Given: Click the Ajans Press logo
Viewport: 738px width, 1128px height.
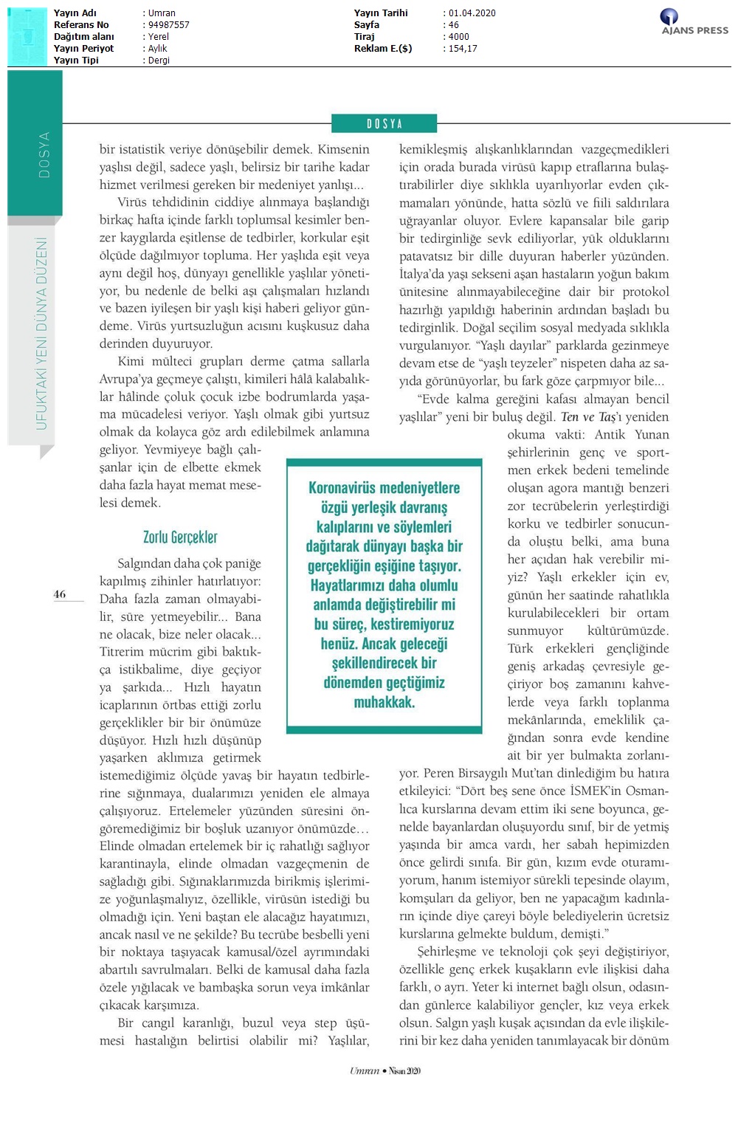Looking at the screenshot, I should click(x=694, y=21).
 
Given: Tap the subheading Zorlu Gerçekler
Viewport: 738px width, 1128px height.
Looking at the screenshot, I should click(x=180, y=537).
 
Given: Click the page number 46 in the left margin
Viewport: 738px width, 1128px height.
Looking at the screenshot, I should click(x=60, y=594).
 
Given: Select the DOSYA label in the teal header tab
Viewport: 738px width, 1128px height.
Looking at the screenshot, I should click(x=384, y=124).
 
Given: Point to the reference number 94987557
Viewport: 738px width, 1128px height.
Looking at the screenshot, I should click(x=169, y=25).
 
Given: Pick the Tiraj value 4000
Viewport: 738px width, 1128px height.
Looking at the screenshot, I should click(x=459, y=37).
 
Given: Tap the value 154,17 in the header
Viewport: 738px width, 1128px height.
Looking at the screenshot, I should click(x=463, y=49).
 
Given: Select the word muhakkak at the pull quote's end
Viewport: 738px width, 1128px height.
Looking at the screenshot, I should click(x=384, y=702).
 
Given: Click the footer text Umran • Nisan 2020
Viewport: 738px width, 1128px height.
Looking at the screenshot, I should click(x=385, y=1070).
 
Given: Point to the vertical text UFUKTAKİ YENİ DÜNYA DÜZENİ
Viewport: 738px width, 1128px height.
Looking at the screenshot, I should click(x=41, y=334).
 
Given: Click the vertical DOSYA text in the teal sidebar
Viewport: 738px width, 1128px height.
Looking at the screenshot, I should click(x=44, y=155).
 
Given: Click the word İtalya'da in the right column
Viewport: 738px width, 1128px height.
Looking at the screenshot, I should click(x=424, y=274).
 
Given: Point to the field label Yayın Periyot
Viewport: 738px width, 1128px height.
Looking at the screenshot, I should click(x=83, y=49).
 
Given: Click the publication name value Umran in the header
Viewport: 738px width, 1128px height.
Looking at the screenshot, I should click(x=162, y=13).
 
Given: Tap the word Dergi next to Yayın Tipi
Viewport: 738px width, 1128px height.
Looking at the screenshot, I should click(x=159, y=61).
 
